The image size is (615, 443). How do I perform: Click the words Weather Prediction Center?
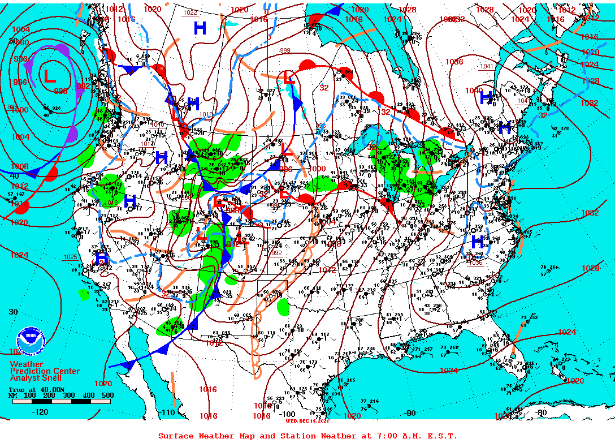coord(45,368)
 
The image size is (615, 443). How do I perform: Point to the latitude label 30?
coord(14,312)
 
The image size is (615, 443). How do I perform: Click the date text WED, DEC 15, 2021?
coord(307,421)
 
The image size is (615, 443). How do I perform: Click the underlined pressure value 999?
coord(285,51)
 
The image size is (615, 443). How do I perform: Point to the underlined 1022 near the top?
coord(190,12)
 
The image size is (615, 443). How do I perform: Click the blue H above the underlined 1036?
coord(477,242)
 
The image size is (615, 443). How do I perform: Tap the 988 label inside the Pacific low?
coord(60,91)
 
